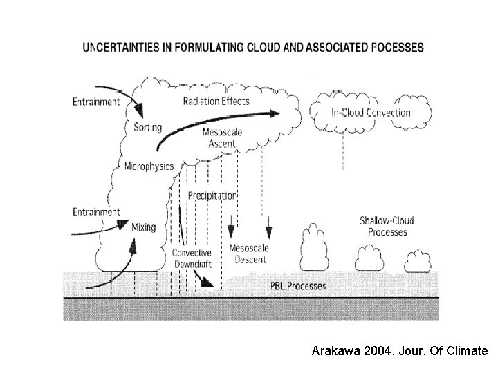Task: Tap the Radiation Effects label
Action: tap(216, 101)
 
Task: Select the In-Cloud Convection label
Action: tap(371, 112)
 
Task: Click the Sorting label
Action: tap(147, 127)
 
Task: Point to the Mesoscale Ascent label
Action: tap(222, 138)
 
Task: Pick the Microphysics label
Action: tap(149, 166)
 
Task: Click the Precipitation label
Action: tap(212, 195)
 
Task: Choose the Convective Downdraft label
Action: tap(192, 258)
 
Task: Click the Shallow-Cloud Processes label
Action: tap(387, 226)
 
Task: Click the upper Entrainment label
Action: tap(96, 103)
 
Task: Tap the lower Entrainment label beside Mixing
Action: tap(96, 212)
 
